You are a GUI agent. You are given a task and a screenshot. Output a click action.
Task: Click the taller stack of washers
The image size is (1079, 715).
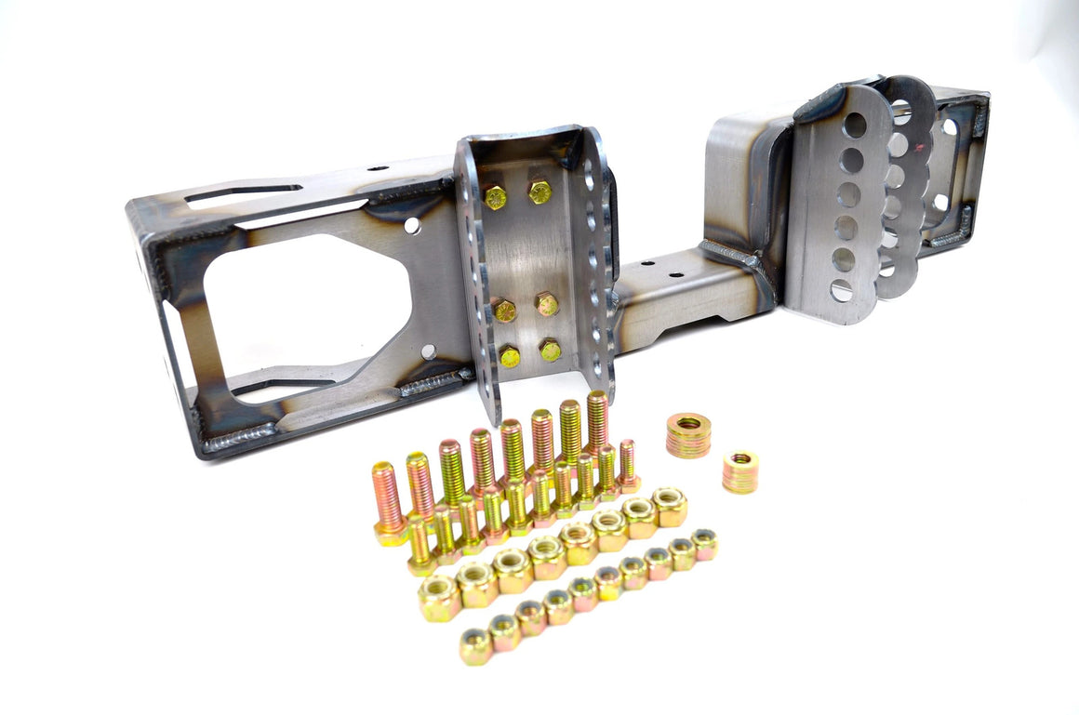(x=688, y=435)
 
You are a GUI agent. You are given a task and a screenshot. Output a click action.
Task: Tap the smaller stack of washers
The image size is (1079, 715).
(x=740, y=471)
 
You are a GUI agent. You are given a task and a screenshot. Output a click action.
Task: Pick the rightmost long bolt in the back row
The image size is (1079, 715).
(x=597, y=423)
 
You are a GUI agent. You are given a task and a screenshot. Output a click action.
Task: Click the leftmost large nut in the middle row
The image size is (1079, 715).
(x=439, y=598)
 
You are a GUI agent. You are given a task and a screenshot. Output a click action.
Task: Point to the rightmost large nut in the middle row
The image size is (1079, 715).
(x=669, y=506)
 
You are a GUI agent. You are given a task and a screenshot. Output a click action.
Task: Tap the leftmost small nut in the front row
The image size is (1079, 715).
(x=476, y=646)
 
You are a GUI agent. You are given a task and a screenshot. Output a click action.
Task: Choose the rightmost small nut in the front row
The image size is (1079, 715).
(x=704, y=543)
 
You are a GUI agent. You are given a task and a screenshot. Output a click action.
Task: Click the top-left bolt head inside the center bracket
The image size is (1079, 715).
(x=496, y=197)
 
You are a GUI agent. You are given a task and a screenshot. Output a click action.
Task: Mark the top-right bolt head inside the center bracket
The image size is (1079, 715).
(x=539, y=192)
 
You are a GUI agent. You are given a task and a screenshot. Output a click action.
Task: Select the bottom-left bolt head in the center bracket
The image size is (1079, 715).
(x=510, y=356)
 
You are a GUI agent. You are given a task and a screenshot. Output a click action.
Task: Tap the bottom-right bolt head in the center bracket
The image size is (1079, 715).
(x=550, y=350)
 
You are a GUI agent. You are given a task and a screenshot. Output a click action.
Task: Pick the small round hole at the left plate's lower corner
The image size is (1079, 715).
(x=428, y=351)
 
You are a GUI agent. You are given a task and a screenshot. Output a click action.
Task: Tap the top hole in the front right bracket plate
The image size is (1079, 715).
(x=854, y=125)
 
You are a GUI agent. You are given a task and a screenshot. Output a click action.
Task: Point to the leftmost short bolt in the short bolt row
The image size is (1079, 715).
(x=420, y=543)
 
